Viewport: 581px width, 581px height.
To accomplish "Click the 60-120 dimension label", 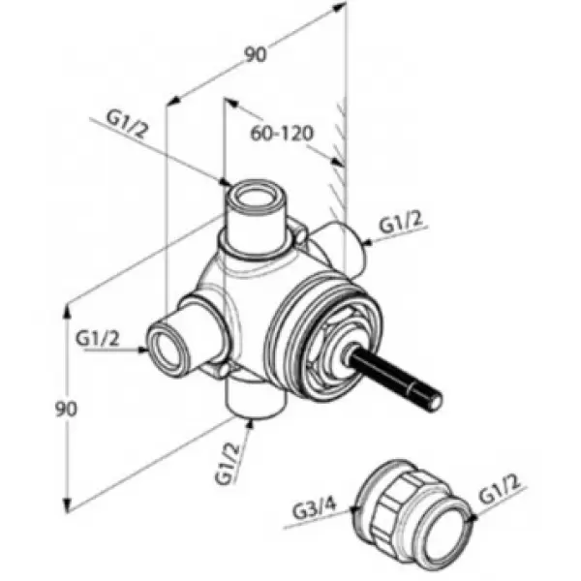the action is tap(282, 134).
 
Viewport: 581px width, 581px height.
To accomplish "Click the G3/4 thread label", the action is tap(315, 508).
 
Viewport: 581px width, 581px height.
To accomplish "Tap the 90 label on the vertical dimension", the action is tap(66, 409).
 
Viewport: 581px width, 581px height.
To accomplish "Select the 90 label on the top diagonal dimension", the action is tap(256, 54).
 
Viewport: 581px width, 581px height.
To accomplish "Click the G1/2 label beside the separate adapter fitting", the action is tap(500, 489).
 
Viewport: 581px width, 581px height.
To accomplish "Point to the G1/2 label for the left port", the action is tap(98, 339).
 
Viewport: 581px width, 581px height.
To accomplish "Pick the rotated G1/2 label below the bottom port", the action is tap(228, 465).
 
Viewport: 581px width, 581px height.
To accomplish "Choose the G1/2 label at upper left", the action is tap(127, 124).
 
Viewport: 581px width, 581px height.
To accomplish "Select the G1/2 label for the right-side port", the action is tap(401, 223).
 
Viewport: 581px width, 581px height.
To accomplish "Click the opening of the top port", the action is tap(256, 197).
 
